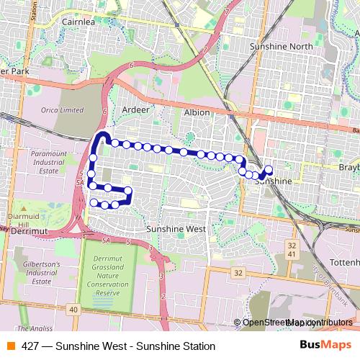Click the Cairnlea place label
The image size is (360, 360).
pos(78,22)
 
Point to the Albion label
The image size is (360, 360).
pos(197,113)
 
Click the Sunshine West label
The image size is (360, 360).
pos(176,229)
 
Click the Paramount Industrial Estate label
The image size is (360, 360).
pos(49,162)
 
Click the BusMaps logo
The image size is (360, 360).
pos(324,346)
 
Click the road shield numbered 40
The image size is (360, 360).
pos(73,309)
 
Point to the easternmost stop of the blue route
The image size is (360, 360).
pos(269,170)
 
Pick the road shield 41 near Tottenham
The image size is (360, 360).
pos(291,255)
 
